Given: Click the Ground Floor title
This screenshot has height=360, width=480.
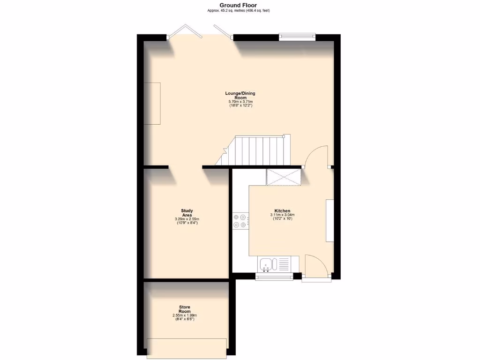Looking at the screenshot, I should (x=238, y=5).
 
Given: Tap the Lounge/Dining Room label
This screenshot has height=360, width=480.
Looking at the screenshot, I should (x=240, y=96).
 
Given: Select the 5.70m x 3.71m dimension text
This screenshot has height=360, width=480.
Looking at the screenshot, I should (x=240, y=102).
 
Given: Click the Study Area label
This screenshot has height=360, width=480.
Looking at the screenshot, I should (x=187, y=213).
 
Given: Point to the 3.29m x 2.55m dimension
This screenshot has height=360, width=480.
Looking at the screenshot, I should (x=187, y=219).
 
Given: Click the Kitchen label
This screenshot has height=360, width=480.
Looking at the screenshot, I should (x=282, y=211).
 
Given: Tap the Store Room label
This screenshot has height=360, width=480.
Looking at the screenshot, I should (x=185, y=309).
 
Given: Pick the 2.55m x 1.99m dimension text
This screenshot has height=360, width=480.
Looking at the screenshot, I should (x=185, y=315).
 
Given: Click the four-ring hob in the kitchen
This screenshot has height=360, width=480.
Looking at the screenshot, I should (x=240, y=221).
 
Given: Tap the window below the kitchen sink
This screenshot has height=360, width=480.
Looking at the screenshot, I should (x=274, y=277).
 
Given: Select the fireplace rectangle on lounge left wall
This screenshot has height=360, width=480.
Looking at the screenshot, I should (x=152, y=103).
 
